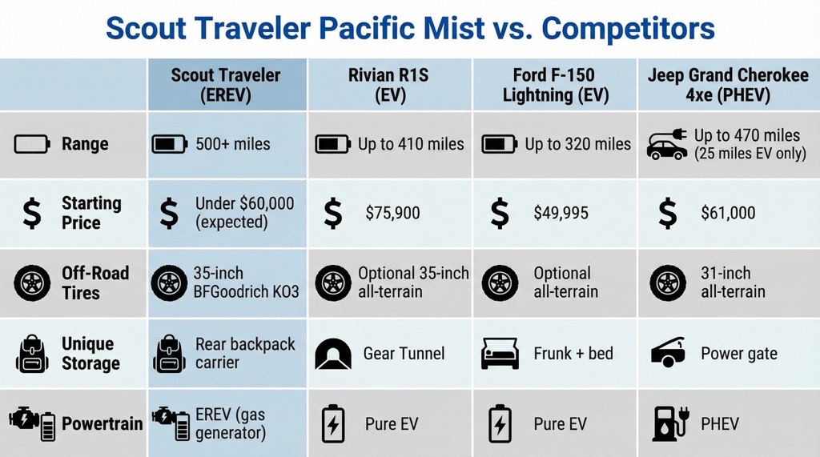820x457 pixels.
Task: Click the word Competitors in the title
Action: (x=628, y=30)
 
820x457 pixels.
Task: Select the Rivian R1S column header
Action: (x=388, y=86)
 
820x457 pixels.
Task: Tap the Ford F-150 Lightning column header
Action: (x=554, y=86)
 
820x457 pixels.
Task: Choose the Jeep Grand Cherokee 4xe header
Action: (x=728, y=86)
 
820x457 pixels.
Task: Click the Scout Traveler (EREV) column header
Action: (x=226, y=86)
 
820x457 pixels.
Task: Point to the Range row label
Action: (x=85, y=145)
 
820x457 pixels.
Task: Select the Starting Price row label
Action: (x=91, y=213)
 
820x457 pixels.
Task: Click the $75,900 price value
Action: (x=393, y=214)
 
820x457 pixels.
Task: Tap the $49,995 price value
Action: (x=561, y=214)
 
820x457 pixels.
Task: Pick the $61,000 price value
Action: (x=728, y=214)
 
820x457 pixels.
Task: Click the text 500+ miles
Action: (x=233, y=145)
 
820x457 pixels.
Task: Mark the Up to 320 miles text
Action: (x=578, y=145)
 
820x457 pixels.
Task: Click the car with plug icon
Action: (x=666, y=145)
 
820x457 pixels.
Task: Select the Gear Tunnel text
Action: (x=404, y=353)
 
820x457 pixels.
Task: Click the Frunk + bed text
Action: (x=573, y=353)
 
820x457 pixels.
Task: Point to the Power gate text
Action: (x=738, y=353)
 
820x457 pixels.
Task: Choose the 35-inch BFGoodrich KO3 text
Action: (x=246, y=282)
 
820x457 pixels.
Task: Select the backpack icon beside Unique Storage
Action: (x=31, y=353)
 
